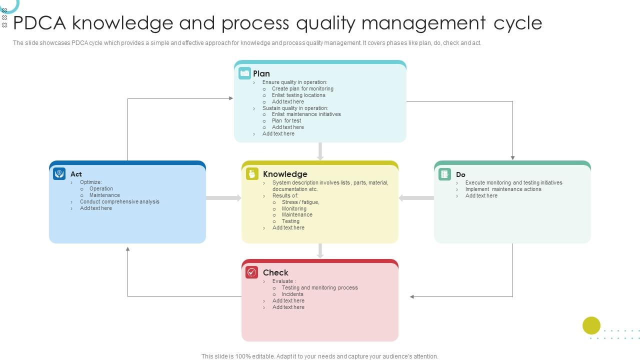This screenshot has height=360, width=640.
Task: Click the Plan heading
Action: click(261, 73)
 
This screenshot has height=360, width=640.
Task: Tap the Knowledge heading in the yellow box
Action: click(285, 174)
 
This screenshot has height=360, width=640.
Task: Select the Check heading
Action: click(275, 272)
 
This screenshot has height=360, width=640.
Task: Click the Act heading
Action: click(76, 174)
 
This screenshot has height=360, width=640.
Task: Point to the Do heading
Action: click(460, 174)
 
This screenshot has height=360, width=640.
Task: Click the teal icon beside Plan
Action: click(244, 73)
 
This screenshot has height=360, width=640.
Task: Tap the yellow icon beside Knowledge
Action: click(252, 173)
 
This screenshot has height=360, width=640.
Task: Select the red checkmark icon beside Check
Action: click(252, 272)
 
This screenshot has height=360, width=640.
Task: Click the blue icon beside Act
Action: click(59, 173)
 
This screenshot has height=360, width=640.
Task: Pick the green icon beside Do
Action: click(444, 174)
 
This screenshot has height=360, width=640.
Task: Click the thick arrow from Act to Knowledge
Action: click(223, 198)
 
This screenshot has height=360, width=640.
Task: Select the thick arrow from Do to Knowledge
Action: click(416, 198)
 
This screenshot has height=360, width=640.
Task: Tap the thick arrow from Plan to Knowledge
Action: click(320, 151)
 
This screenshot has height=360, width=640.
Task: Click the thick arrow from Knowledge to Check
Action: click(320, 251)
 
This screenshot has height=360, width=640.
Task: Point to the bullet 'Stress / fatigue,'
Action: click(300, 202)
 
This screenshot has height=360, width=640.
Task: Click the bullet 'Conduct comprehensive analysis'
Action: click(119, 201)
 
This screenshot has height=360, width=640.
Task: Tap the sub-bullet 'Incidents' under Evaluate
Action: click(292, 294)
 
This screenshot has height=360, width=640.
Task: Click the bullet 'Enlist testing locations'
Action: click(298, 95)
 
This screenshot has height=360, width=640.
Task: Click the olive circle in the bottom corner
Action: click(591, 325)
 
